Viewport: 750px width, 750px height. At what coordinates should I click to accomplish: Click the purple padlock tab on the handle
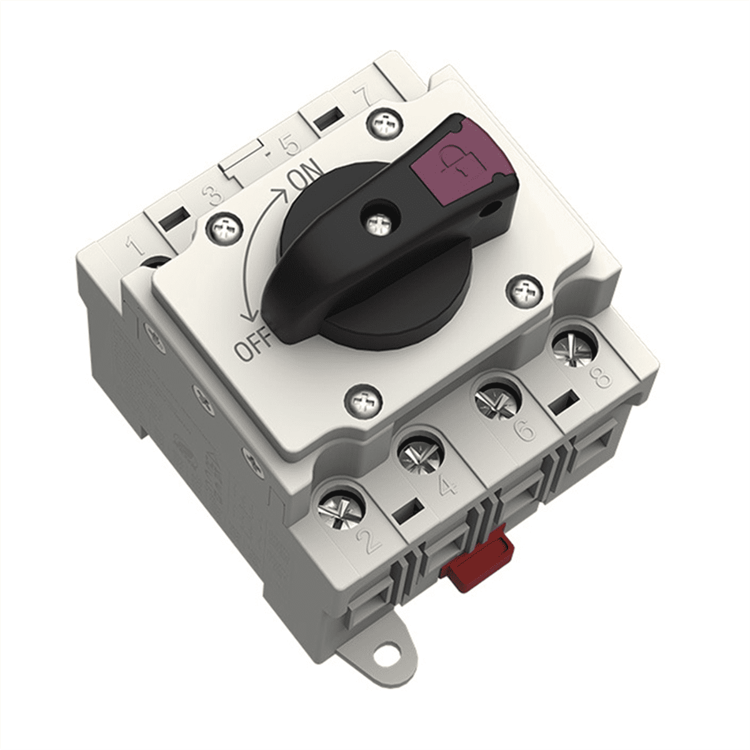point(462,159)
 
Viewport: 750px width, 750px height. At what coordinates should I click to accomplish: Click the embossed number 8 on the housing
point(601,376)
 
